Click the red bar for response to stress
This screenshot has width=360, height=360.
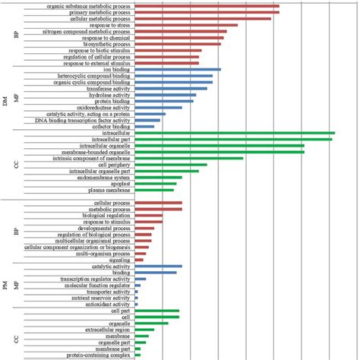[x=186, y=25]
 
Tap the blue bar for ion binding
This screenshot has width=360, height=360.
[x=178, y=69]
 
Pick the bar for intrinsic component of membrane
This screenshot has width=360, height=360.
[x=189, y=158]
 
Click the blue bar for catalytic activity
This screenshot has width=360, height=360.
[x=158, y=267]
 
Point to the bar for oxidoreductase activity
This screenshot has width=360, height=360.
[x=158, y=107]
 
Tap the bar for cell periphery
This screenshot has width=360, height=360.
[x=171, y=164]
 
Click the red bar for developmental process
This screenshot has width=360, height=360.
[x=144, y=228]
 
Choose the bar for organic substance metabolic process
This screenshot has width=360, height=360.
[x=207, y=6]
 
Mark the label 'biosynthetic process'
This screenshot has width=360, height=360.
[x=107, y=44]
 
